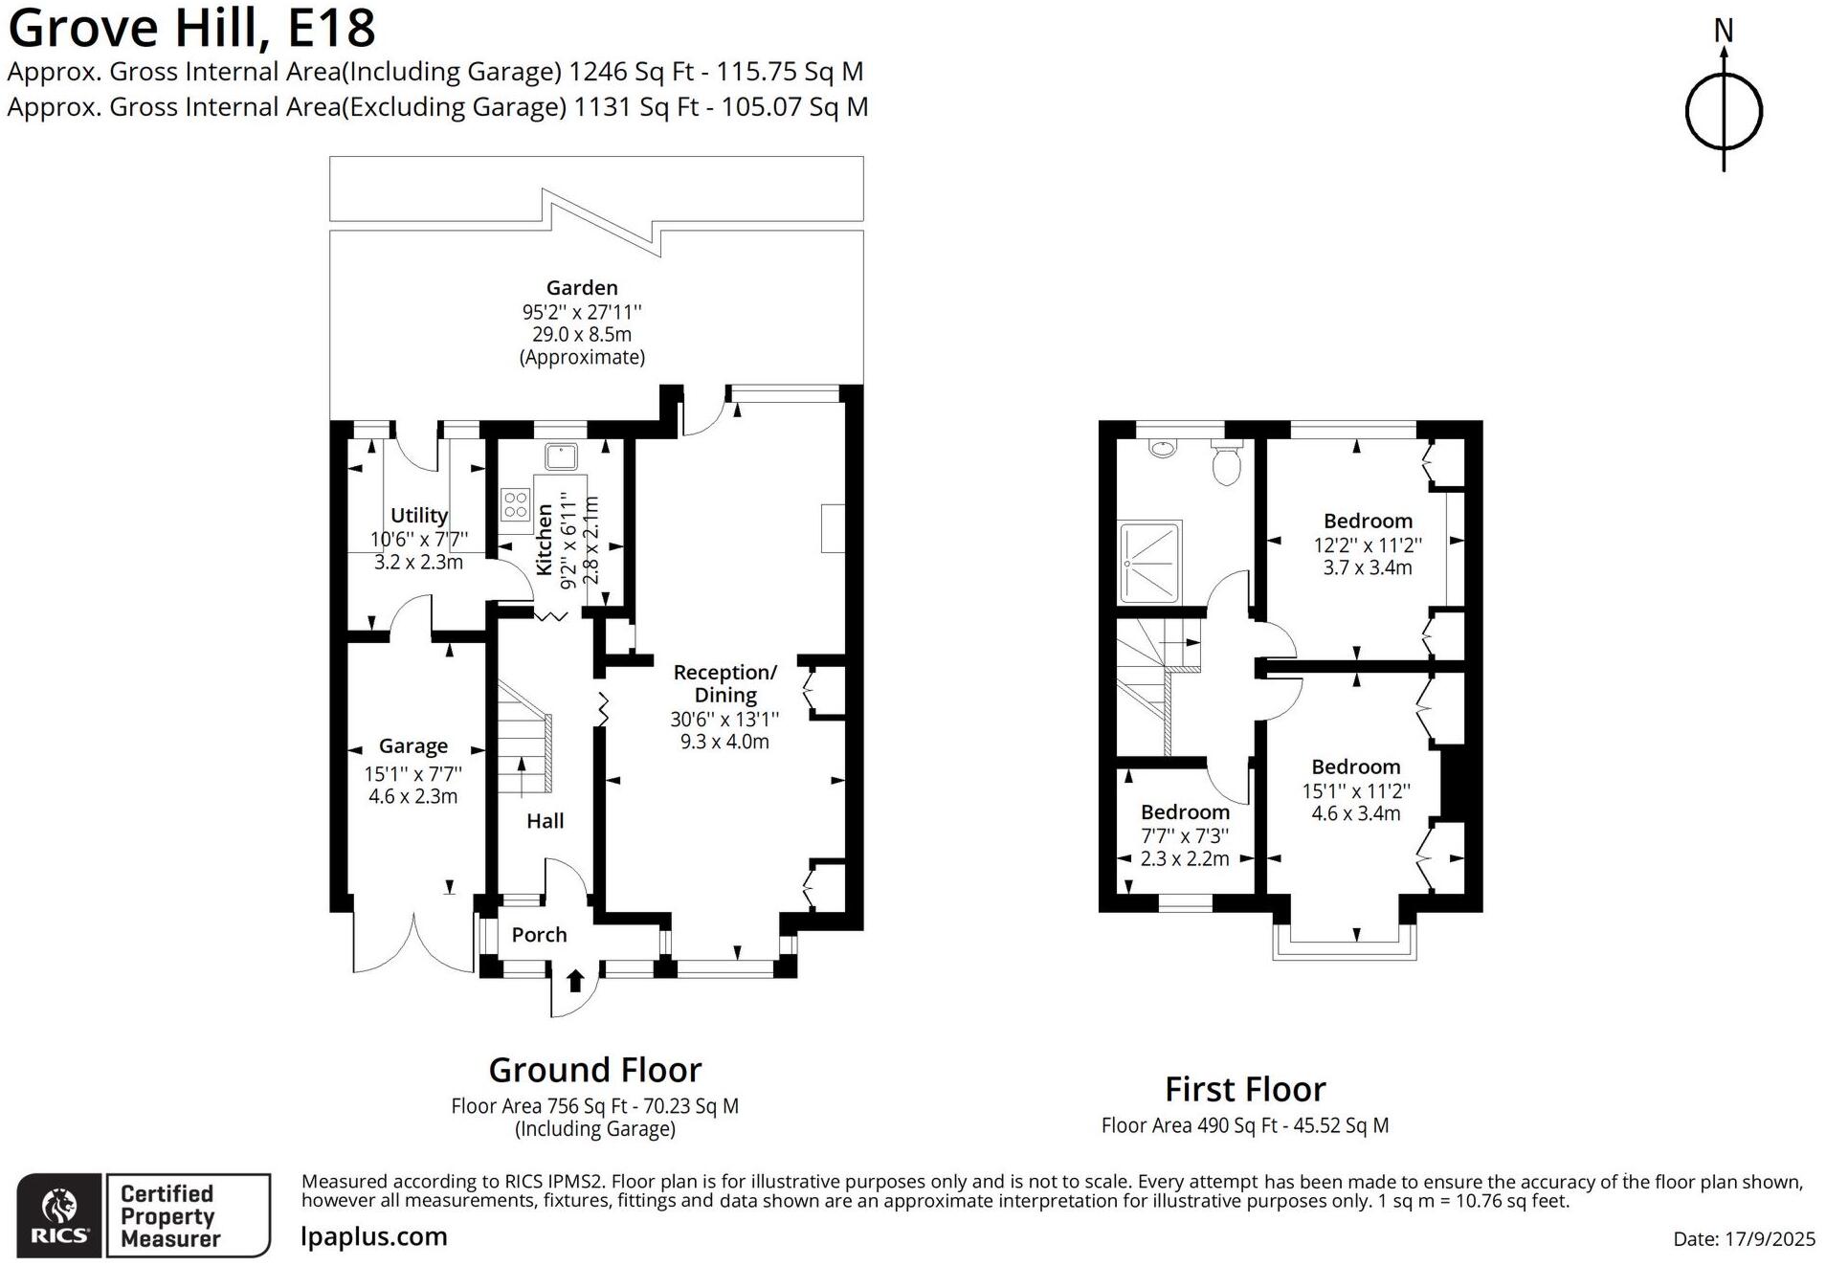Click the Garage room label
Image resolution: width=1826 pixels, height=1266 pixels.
point(412,745)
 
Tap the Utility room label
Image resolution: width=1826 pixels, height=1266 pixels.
point(418,515)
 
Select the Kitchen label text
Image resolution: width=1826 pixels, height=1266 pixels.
point(544,541)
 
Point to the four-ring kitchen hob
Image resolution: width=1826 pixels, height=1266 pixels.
point(515,504)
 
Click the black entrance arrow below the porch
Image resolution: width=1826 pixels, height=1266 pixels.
point(575,980)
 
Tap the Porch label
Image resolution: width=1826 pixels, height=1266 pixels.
point(539,935)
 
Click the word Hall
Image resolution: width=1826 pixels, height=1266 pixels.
point(545,821)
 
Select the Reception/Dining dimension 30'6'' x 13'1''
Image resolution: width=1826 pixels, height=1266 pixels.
point(724,719)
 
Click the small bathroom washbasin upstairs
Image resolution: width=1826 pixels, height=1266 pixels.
point(1163,447)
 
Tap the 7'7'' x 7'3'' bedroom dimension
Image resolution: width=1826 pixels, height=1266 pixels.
point(1185,835)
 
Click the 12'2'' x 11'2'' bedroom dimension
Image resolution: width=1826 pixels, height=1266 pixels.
point(1368,545)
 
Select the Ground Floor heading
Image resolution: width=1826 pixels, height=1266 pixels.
point(594,1070)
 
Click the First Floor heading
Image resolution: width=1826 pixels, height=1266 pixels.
point(1244,1090)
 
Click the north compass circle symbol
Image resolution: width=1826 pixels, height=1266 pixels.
point(1723,112)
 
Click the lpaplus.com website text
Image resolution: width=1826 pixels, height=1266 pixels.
point(374,1236)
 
